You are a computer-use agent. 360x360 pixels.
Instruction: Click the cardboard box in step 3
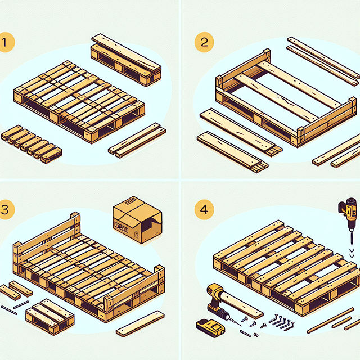coord(137,220)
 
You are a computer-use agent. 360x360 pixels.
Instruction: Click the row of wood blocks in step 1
coord(31,143)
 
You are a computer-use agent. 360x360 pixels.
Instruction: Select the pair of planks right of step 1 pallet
coord(137,141)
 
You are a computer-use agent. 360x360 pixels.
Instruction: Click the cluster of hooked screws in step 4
coord(282,321)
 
